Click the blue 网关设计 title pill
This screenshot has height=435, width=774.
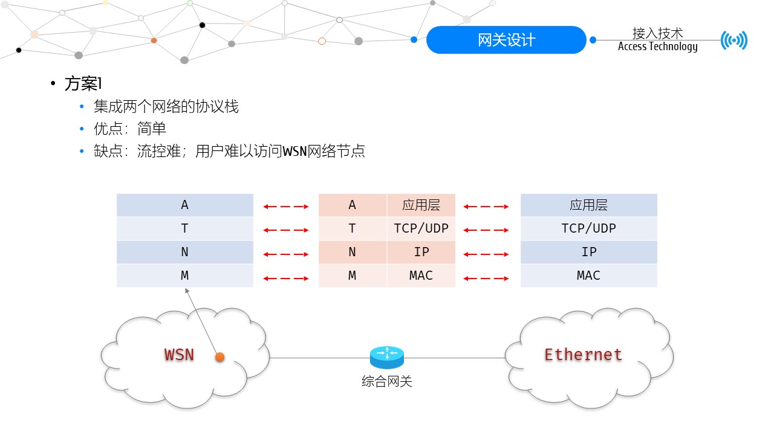click(506, 40)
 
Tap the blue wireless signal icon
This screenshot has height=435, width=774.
click(734, 40)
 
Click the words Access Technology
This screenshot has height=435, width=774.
click(657, 47)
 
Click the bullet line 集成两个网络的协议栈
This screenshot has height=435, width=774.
click(166, 107)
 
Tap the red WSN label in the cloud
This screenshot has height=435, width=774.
click(179, 355)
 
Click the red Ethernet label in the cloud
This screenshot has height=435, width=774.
click(584, 355)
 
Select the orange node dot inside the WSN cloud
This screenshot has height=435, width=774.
click(220, 357)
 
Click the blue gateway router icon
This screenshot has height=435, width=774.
click(387, 357)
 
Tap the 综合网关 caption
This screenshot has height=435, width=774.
click(387, 381)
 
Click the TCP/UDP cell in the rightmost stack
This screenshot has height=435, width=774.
click(588, 228)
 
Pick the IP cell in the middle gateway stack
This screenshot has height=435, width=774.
click(421, 252)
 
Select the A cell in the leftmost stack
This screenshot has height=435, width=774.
click(184, 205)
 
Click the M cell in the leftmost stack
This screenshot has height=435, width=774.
click(184, 275)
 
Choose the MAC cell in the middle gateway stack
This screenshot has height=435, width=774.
click(421, 275)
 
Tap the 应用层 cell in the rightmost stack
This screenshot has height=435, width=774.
click(588, 205)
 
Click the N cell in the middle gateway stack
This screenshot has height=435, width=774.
click(352, 252)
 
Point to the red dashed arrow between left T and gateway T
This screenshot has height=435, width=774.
click(285, 230)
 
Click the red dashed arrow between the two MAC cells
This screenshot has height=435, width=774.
click(486, 278)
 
